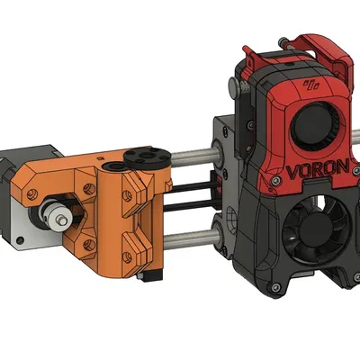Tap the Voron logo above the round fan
312,87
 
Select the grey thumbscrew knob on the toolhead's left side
233,86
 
